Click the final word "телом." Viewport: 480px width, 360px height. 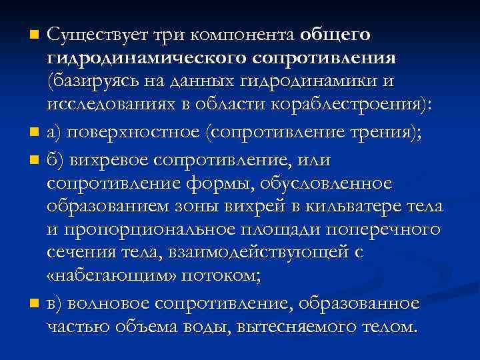pyautogui.click(x=388, y=327)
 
